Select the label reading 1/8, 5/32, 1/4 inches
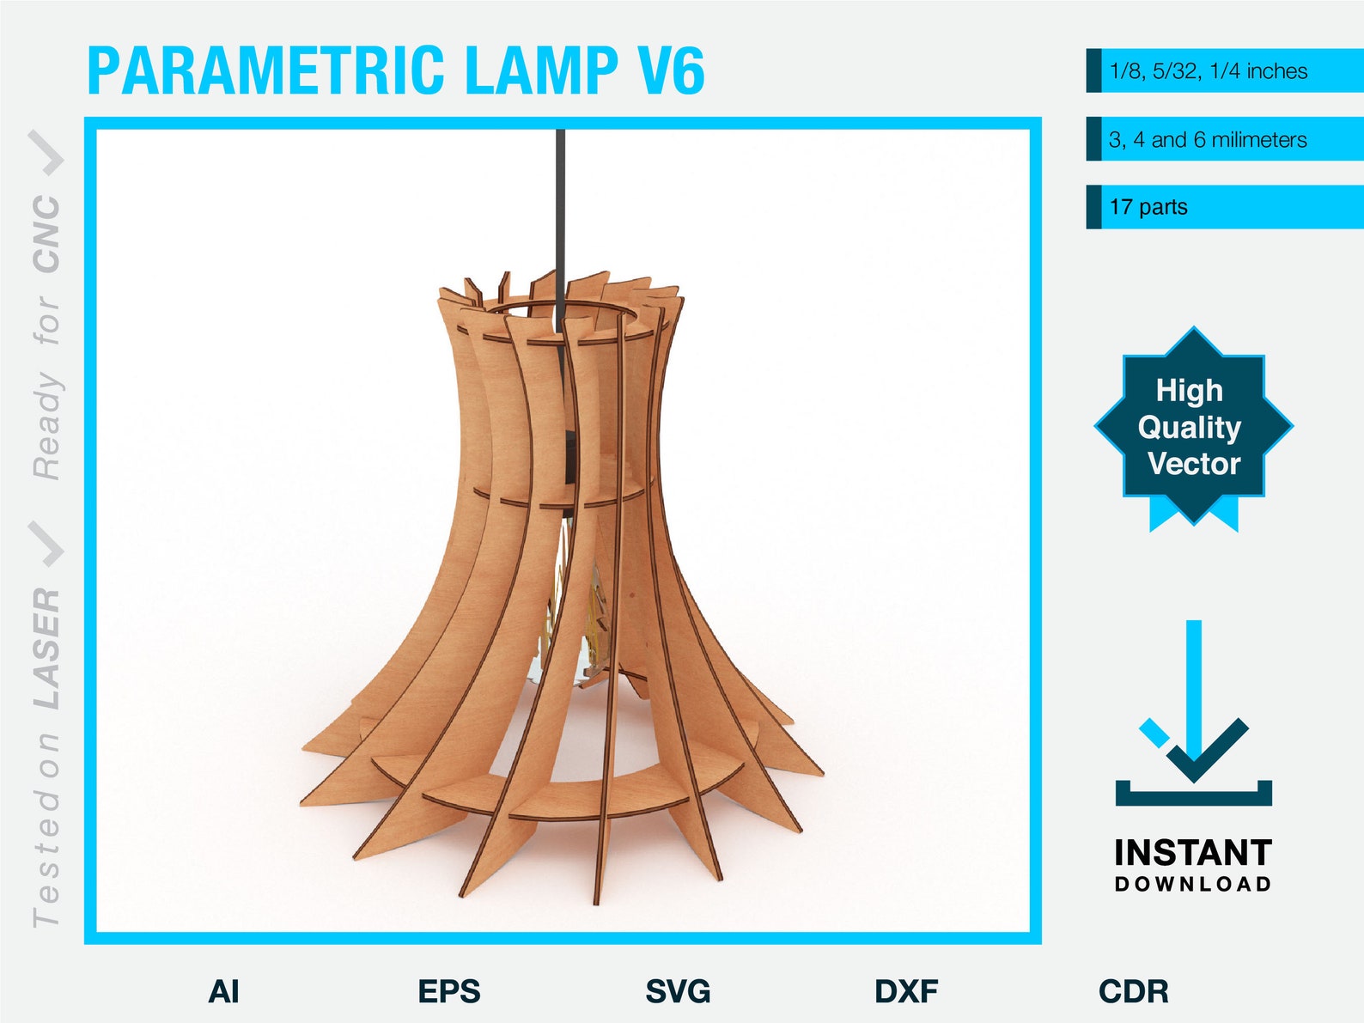pos(1208,71)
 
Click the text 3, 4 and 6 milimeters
pos(1208,140)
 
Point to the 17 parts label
pos(1148,207)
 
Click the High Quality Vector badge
pos(1193,427)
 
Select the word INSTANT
pos(1193,853)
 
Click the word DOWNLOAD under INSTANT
pos(1193,884)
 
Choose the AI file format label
pos(223,991)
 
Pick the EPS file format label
pos(449,991)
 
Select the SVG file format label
pos(678,991)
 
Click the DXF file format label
pos(906,991)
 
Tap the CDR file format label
pos(1134,991)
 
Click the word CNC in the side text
pos(46,234)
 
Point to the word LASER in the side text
pos(46,649)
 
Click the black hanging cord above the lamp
pos(560,215)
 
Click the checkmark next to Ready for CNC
pos(46,152)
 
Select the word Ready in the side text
pos(46,426)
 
